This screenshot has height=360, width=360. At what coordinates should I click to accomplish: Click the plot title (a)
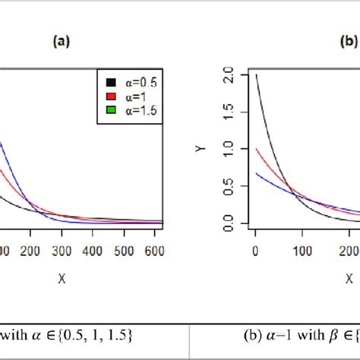click(61, 43)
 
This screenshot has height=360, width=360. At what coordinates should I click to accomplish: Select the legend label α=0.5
click(141, 82)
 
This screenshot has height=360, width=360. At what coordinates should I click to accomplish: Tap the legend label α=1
click(136, 96)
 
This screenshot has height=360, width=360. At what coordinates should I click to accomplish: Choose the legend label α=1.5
click(141, 111)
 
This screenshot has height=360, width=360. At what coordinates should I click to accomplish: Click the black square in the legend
click(110, 82)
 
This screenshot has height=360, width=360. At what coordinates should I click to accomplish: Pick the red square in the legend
click(110, 96)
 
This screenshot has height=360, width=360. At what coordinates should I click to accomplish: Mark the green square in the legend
click(110, 111)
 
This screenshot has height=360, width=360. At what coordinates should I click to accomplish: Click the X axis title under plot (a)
click(61, 279)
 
